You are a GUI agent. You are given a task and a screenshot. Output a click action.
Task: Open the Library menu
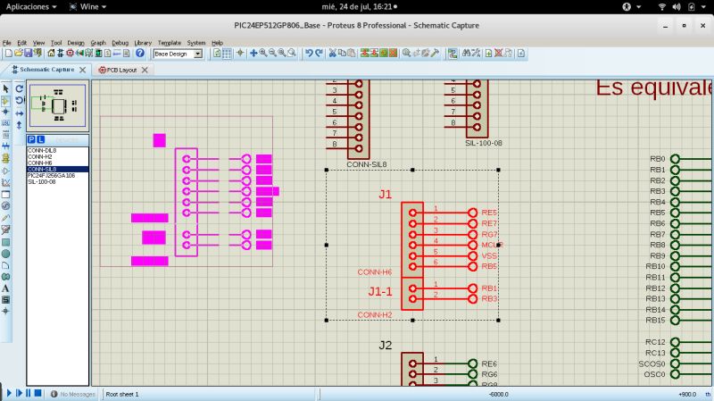143,42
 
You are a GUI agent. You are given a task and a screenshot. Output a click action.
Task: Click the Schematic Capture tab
46,69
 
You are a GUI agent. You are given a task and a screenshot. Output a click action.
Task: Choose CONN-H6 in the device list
40,163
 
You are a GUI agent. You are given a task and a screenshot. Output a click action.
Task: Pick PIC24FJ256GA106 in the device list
51,175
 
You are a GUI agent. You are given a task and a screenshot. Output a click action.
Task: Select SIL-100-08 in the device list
41,181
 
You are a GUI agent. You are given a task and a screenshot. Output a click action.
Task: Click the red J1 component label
385,194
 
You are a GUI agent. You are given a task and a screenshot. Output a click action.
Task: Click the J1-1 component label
380,291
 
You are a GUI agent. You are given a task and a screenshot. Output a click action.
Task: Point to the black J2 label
385,345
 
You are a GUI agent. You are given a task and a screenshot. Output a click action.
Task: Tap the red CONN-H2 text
375,315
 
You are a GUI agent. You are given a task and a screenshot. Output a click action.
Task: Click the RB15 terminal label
655,320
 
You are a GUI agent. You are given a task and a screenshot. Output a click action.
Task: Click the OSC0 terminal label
654,374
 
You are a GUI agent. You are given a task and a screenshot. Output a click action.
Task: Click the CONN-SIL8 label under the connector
367,164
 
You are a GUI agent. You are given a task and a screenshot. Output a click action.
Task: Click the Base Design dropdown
178,54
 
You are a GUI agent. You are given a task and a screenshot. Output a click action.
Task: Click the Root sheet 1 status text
122,394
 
